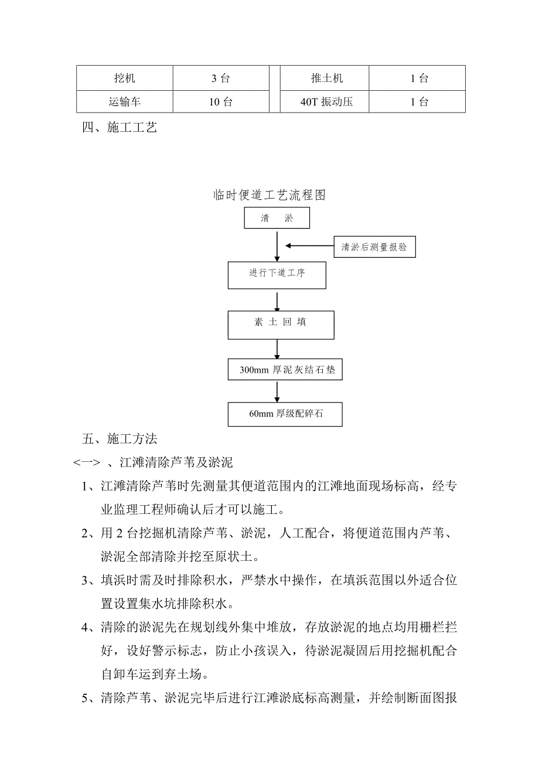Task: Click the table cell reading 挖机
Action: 124,78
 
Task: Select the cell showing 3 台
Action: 221,78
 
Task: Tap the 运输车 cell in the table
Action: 124,102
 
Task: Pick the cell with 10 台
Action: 221,102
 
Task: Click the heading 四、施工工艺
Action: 120,128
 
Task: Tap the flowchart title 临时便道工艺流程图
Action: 269,195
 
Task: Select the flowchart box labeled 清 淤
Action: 277,219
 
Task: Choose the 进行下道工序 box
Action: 277,274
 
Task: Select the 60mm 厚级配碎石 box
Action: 285,414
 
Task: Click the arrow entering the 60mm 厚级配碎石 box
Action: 277,391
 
